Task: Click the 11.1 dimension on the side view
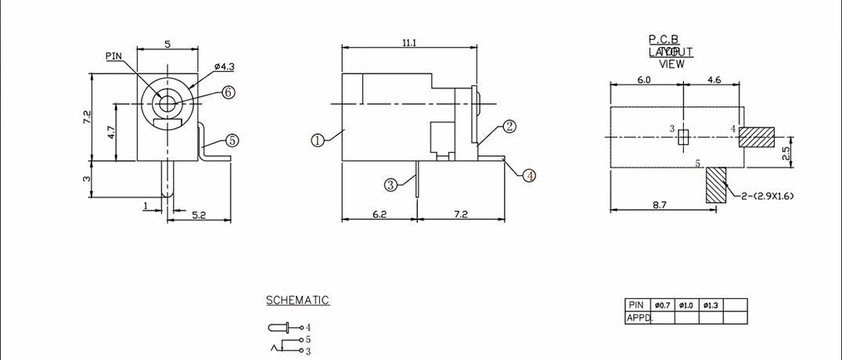(x=408, y=43)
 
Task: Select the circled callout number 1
(x=317, y=141)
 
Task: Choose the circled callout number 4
(x=530, y=175)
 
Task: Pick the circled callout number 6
(x=228, y=92)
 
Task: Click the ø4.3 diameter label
(x=201, y=67)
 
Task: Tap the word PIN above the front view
(x=113, y=56)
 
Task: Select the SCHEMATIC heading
(x=297, y=301)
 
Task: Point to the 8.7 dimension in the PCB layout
(x=659, y=204)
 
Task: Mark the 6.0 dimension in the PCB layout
(x=644, y=80)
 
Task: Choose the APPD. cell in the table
(x=639, y=318)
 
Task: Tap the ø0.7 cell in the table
(x=662, y=304)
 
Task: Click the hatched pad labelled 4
(x=756, y=138)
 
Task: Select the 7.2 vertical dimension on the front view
(x=88, y=117)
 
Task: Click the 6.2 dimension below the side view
(x=379, y=213)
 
